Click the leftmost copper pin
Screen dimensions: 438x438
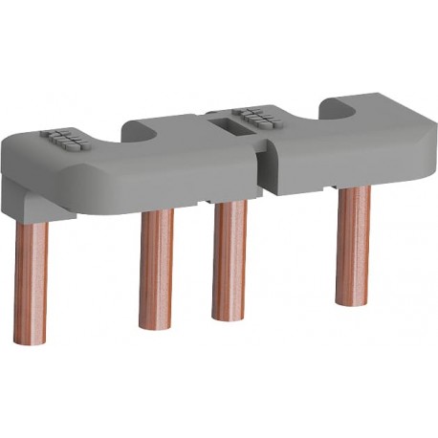pos(31,277)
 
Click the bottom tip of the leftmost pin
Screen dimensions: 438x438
pos(31,339)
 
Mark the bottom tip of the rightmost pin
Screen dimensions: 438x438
pos(354,298)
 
